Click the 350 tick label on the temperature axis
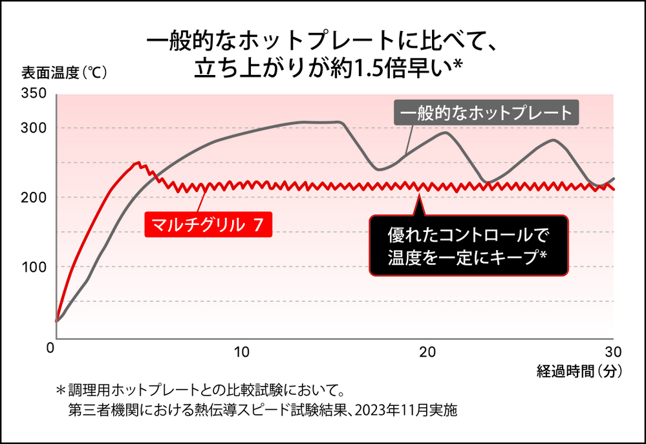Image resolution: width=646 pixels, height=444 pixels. click(34, 94)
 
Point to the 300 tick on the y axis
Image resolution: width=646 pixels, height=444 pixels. click(34, 128)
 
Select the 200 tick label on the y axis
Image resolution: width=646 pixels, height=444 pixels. click(34, 197)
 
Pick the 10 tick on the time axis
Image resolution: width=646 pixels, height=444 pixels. click(241, 352)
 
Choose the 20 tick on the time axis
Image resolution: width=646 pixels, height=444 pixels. click(427, 352)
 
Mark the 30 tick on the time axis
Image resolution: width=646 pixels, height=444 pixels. click(612, 352)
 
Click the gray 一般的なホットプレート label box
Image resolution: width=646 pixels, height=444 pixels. click(487, 114)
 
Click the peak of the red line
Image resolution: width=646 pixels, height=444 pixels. click(137, 163)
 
